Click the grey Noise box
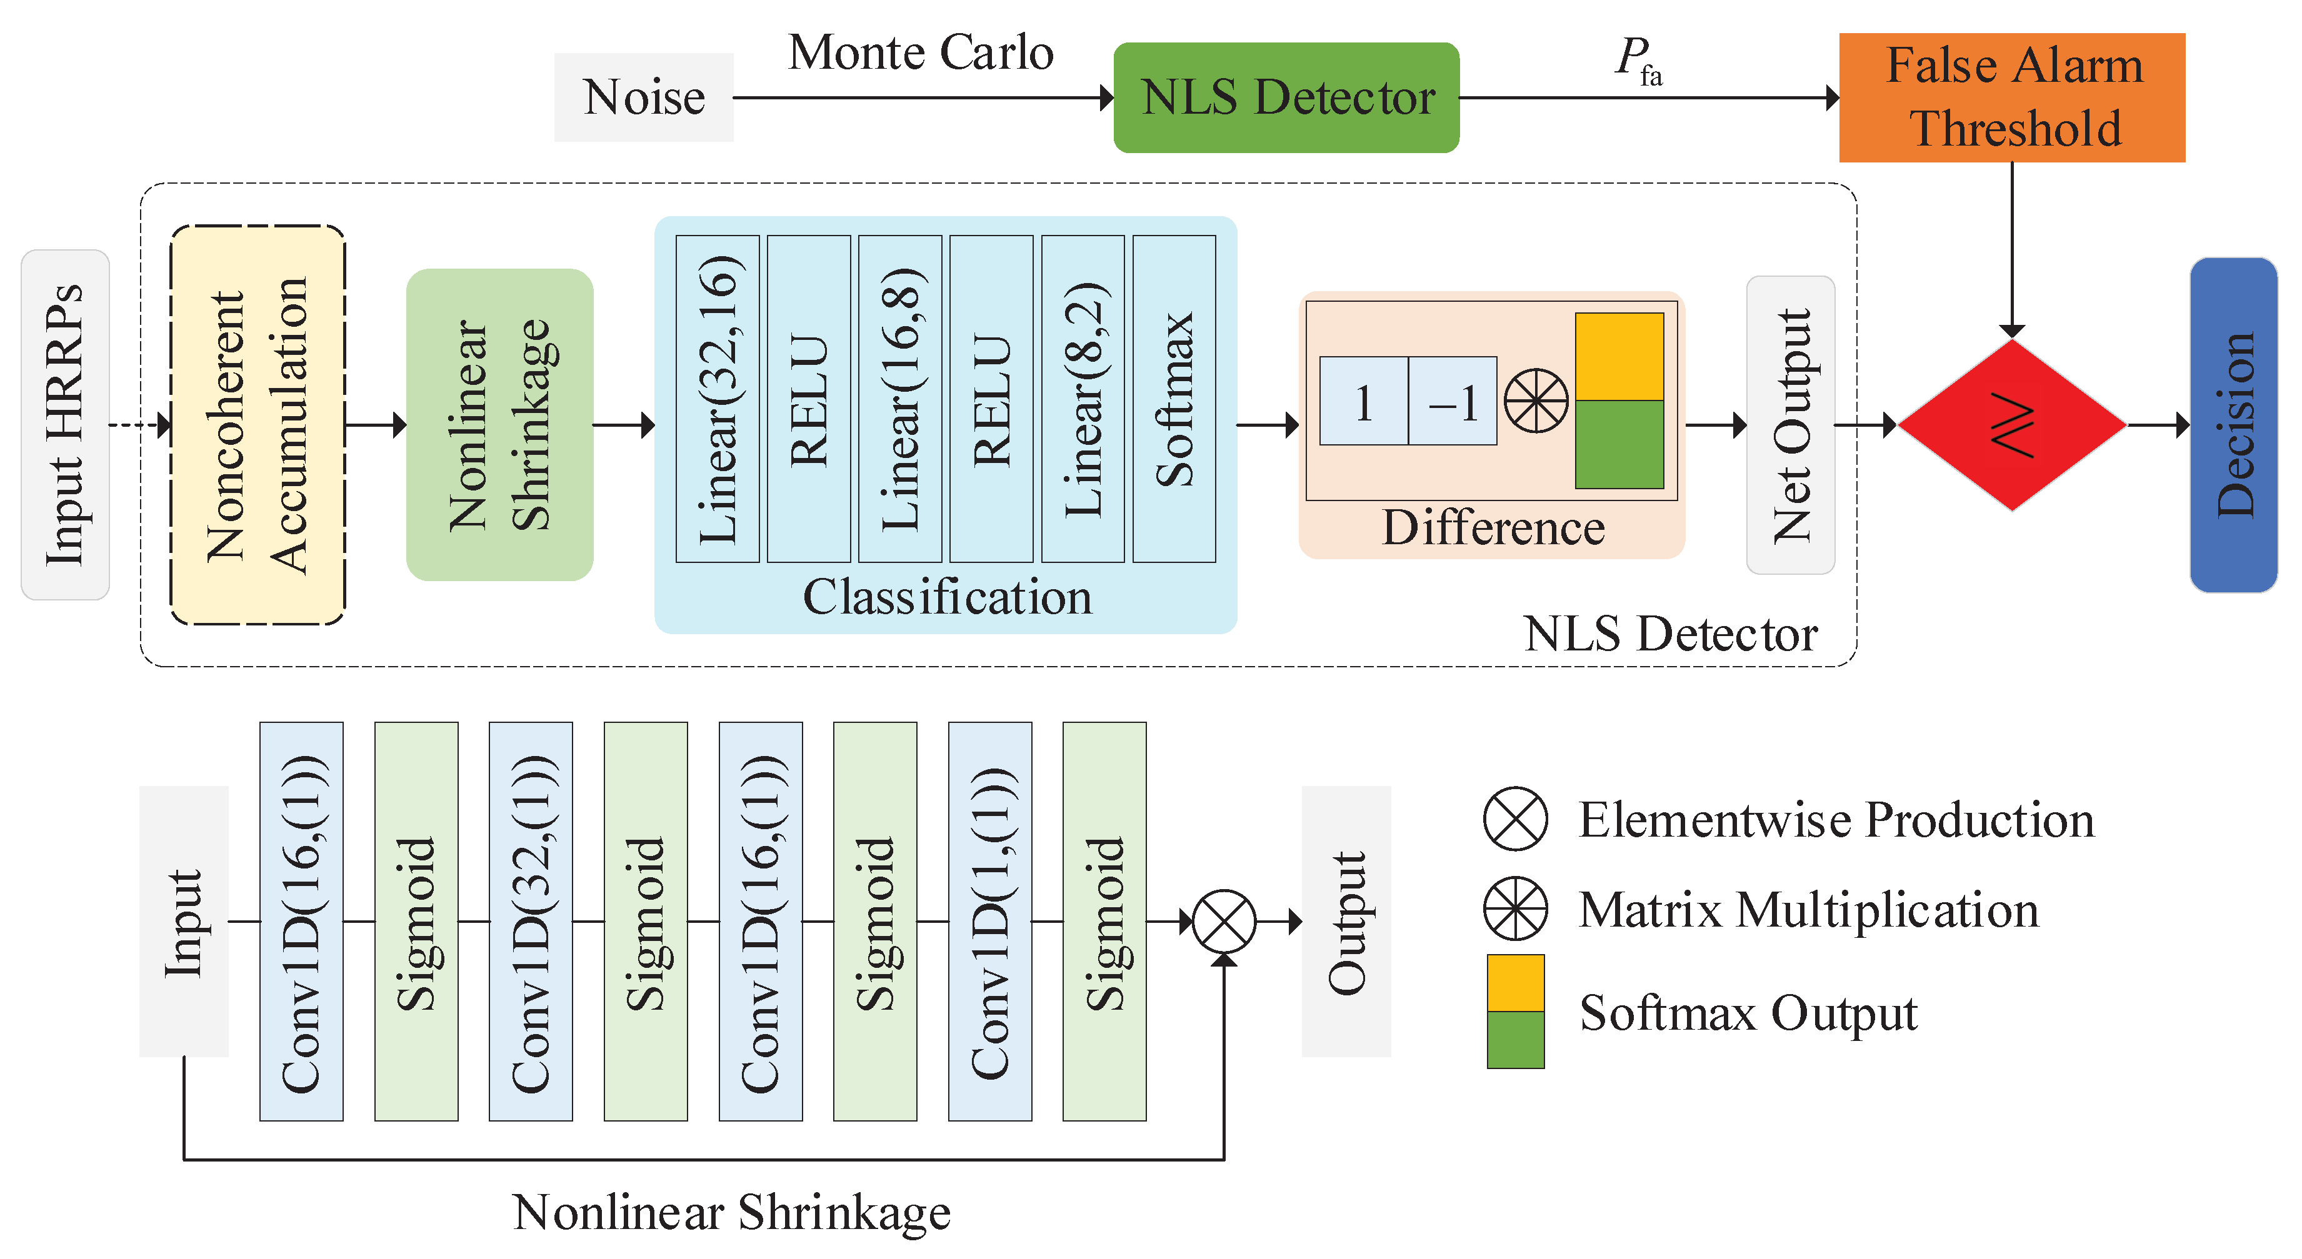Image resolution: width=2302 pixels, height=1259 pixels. [x=643, y=96]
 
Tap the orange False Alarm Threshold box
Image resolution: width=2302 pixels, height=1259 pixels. [x=2011, y=97]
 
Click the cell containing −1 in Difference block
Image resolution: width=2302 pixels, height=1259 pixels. [x=1452, y=401]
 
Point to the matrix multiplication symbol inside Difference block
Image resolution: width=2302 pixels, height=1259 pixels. [x=1535, y=401]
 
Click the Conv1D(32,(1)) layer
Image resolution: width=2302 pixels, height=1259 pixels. [x=531, y=921]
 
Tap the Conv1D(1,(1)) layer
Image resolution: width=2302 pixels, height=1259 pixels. [x=989, y=921]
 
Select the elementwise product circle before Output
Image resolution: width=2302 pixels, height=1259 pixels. [x=1223, y=921]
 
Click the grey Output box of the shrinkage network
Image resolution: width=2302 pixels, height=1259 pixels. [x=1346, y=921]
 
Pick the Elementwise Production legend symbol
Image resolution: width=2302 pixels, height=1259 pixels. [x=1516, y=819]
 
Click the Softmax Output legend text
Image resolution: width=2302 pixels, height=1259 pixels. [x=1748, y=1012]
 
